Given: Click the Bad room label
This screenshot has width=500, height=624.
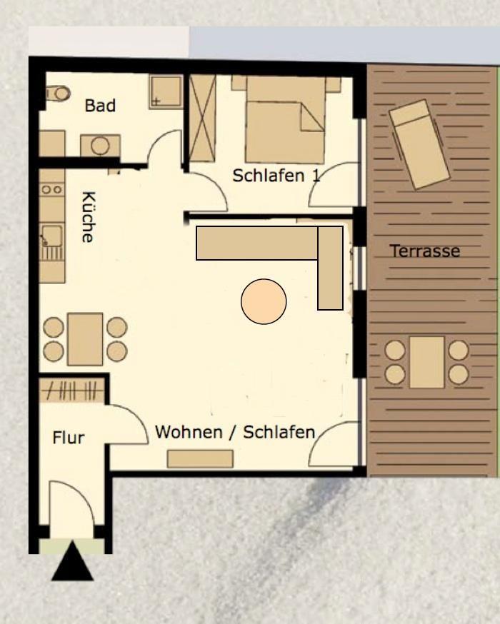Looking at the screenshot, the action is (100, 106).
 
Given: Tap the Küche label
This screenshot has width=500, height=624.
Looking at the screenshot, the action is (89, 217).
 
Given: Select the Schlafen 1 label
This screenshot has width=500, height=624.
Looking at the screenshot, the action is (276, 176).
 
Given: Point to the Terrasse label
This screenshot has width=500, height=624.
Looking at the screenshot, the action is (425, 251).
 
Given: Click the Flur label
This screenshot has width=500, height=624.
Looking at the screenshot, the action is (69, 438).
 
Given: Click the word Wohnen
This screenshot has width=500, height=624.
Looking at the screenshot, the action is (189, 432).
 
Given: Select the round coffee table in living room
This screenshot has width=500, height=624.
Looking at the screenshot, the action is (264, 301).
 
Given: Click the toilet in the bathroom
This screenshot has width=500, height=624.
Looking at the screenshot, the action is (58, 94).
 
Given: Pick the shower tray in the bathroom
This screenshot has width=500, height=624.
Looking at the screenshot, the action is (166, 92).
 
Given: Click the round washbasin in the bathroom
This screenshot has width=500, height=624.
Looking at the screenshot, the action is (100, 146).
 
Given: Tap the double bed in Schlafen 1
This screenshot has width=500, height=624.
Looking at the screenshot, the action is (285, 120).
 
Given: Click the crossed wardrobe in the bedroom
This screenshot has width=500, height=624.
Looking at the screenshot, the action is (202, 119).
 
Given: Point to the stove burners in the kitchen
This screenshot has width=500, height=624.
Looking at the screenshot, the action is (52, 189).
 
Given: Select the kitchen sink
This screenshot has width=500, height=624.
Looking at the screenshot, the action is (51, 236).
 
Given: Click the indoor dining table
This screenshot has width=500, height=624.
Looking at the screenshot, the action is (85, 339).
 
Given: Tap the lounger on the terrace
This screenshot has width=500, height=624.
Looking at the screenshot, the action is (419, 144).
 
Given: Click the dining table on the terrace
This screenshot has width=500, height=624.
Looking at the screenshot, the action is (426, 362).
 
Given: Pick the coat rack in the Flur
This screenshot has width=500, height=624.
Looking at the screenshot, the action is (72, 391).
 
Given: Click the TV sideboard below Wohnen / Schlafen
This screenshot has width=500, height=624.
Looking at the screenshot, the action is (200, 459).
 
